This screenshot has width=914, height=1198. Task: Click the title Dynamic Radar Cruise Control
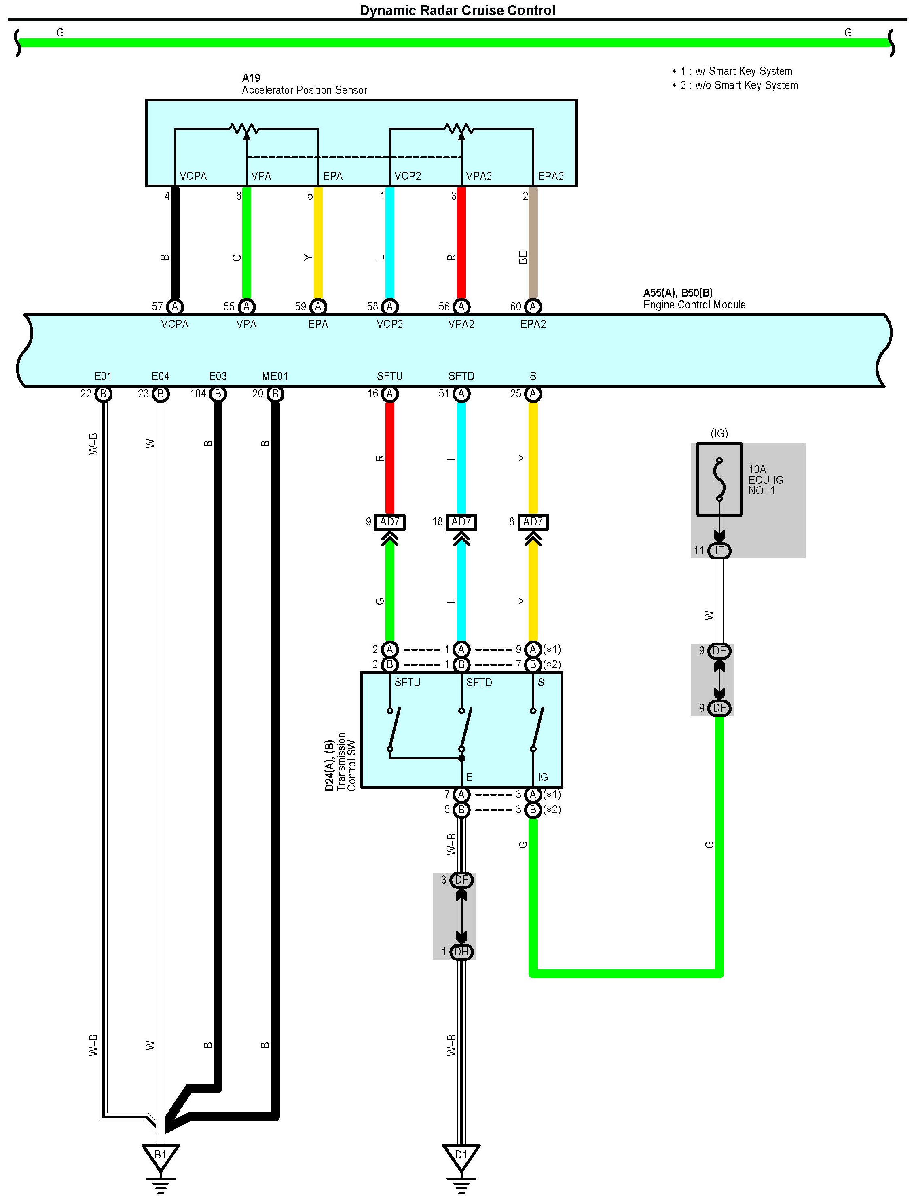tap(457, 11)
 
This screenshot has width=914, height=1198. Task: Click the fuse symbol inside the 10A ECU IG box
tap(719, 479)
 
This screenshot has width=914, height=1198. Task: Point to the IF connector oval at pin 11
tap(719, 550)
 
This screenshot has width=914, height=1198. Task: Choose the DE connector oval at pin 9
tap(719, 650)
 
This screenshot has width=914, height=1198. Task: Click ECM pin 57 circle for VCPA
tap(175, 307)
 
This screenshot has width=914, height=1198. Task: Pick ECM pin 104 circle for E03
tap(218, 394)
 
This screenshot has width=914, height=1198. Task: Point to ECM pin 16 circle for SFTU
tap(389, 394)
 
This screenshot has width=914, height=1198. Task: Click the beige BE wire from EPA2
tap(533, 245)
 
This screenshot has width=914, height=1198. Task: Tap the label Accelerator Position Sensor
tap(304, 90)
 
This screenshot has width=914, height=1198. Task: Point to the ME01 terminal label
tap(275, 376)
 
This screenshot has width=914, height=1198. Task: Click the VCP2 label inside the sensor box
tap(408, 176)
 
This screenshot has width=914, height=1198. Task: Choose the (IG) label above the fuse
tap(719, 433)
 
